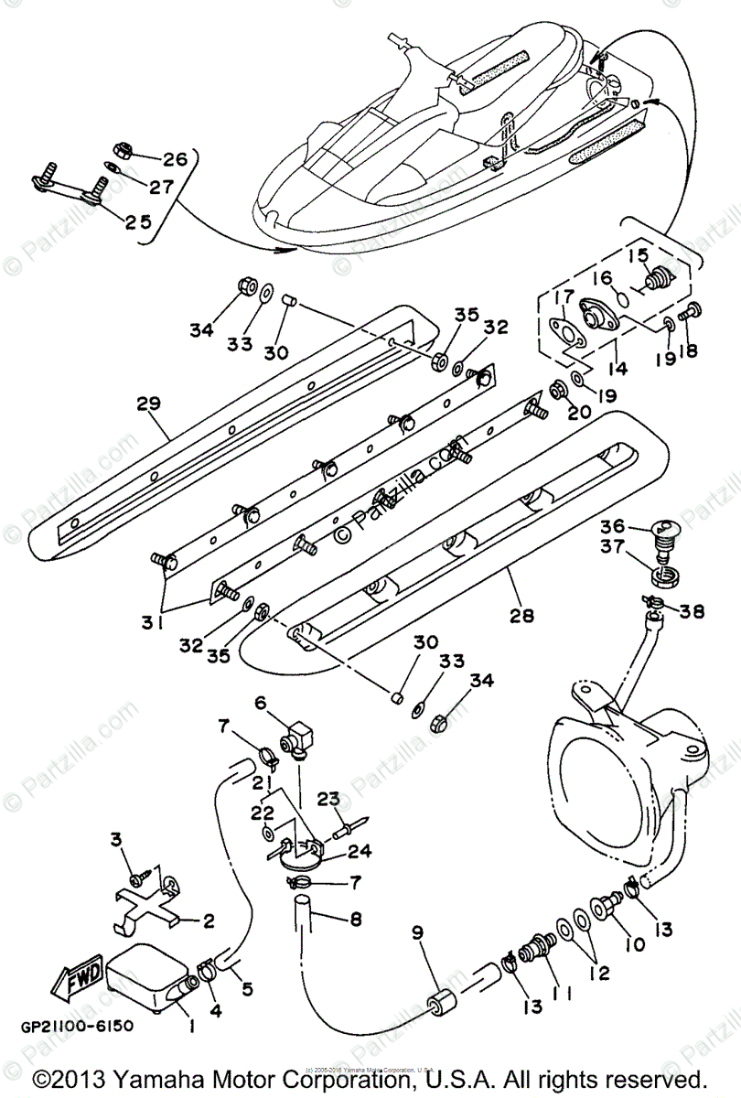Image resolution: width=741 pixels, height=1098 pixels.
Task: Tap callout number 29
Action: (149, 404)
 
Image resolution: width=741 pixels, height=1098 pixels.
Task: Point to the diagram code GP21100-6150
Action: (73, 1026)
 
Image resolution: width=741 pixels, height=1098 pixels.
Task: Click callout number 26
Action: (173, 159)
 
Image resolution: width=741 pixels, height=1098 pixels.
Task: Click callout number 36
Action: (611, 527)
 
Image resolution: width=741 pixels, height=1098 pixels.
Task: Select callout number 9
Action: (417, 933)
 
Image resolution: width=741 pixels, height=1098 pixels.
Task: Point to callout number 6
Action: (260, 703)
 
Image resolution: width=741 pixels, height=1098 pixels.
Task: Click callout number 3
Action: (116, 839)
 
